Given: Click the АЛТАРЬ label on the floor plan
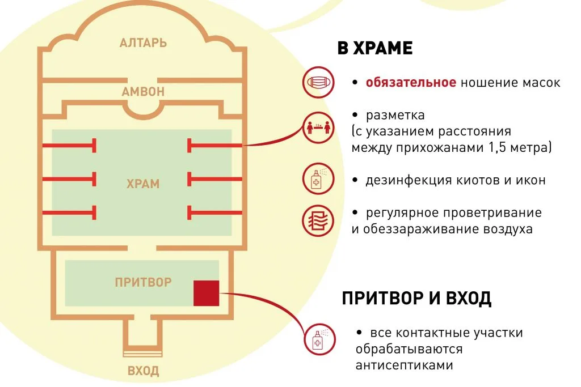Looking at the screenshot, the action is tap(143, 43).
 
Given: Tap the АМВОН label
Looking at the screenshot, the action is tap(143, 92).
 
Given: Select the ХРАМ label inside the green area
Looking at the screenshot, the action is tap(143, 184).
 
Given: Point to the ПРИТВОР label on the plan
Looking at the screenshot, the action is tap(143, 282).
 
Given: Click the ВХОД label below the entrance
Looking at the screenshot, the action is tap(143, 371).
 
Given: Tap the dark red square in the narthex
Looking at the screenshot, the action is tap(207, 293).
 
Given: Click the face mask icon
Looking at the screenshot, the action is tap(318, 82).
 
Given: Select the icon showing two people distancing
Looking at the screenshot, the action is tap(318, 127).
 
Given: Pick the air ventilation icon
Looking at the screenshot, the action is tap(318, 221).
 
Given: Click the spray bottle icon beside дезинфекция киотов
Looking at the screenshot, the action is tap(318, 178).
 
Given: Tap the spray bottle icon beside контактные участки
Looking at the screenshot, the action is tap(319, 339).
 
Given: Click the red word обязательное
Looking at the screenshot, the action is tap(411, 82).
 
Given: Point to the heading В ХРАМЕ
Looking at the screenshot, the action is tap(375, 49).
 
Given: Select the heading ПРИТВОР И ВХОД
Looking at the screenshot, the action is tap(416, 298).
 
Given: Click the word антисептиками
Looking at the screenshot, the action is tap(404, 365).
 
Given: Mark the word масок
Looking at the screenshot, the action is tap(541, 83).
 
